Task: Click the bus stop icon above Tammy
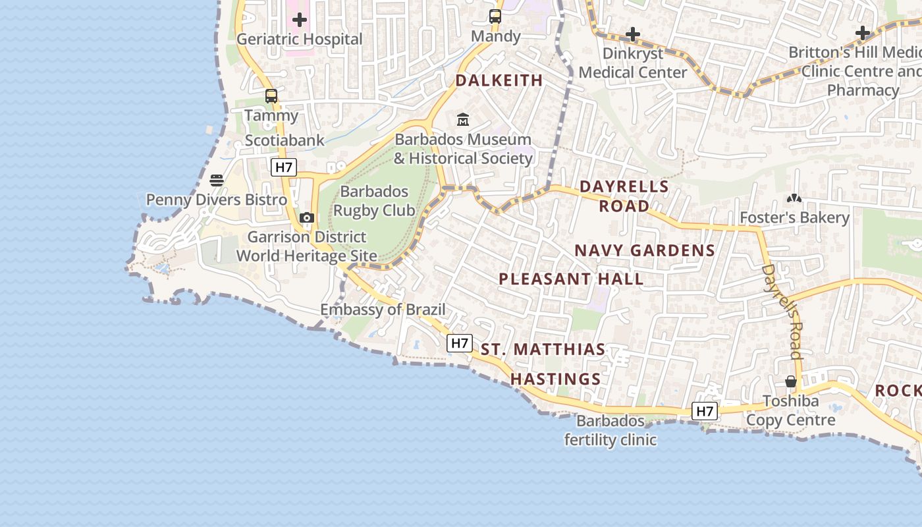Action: coord(271,96)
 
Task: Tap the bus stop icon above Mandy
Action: coord(495,17)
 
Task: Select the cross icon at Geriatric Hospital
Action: coord(300,20)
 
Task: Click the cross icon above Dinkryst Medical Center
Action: coord(633,34)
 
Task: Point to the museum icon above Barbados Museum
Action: coord(463,120)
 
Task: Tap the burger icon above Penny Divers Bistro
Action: coord(217,180)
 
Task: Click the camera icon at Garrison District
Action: coord(306,217)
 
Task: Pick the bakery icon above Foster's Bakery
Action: coord(794,198)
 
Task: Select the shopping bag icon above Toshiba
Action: coord(791,382)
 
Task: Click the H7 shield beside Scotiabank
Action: coord(283,167)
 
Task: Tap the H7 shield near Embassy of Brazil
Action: coord(460,343)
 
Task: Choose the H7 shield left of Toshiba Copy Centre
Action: coord(705,411)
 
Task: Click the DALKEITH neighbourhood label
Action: coord(499,80)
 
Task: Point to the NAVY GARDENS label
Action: coord(645,250)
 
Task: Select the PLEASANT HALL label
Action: coord(571,279)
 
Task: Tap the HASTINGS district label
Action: coord(556,379)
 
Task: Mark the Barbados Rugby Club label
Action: coord(374,201)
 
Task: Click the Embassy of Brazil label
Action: coord(383,310)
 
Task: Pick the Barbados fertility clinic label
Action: coord(610,430)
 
